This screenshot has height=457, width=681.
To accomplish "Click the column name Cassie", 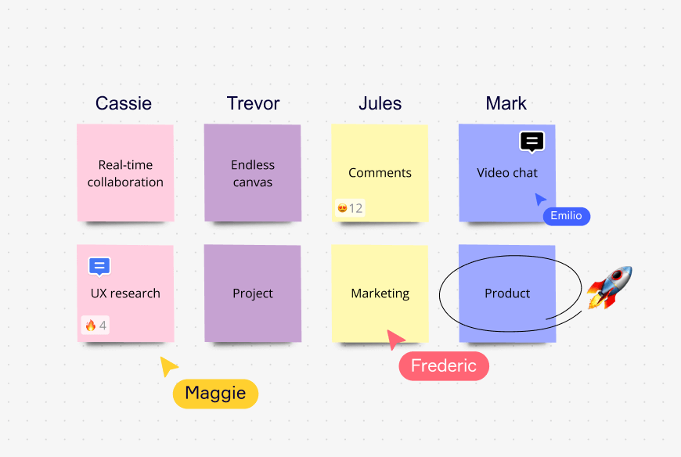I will pyautogui.click(x=124, y=103).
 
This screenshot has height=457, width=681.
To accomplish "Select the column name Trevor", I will pyautogui.click(x=253, y=103).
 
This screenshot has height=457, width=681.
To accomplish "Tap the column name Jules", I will pyautogui.click(x=380, y=103).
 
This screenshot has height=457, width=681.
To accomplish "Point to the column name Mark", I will pyautogui.click(x=506, y=103).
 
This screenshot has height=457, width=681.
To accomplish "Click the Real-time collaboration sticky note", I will pyautogui.click(x=125, y=174).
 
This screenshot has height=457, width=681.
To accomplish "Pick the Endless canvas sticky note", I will pyautogui.click(x=253, y=174).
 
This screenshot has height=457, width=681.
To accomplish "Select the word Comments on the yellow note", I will pyautogui.click(x=380, y=173).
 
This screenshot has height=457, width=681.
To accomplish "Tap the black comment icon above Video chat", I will pyautogui.click(x=531, y=142).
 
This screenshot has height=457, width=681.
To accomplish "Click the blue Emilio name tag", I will pyautogui.click(x=566, y=216).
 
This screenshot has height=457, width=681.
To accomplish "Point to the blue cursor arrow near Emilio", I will pyautogui.click(x=540, y=199).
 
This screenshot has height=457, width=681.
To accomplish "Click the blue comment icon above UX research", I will pyautogui.click(x=99, y=266).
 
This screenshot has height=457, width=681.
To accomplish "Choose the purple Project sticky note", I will pyautogui.click(x=253, y=293).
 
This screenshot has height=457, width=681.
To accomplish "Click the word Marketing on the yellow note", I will pyautogui.click(x=380, y=293).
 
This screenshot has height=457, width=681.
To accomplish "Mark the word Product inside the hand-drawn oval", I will pyautogui.click(x=507, y=293).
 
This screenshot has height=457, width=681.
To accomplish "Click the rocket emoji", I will pyautogui.click(x=610, y=286).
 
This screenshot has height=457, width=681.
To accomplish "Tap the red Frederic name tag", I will pyautogui.click(x=444, y=366).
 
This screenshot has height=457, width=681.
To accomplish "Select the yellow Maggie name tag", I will pyautogui.click(x=215, y=394).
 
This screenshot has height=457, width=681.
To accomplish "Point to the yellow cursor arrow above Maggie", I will pyautogui.click(x=168, y=365).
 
